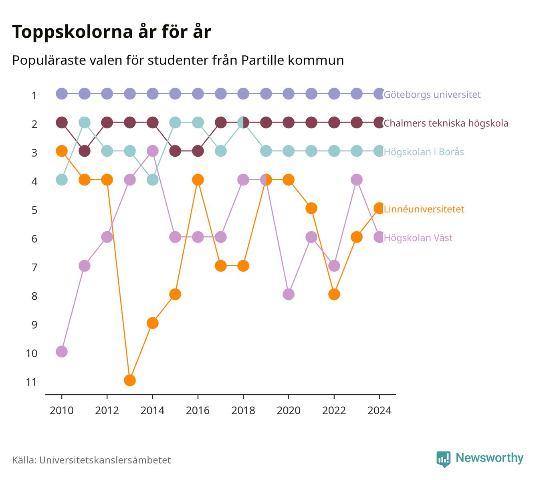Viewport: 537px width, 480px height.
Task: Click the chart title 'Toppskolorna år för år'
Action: pyautogui.click(x=111, y=32)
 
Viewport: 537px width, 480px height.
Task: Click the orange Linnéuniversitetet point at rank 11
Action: pyautogui.click(x=130, y=380)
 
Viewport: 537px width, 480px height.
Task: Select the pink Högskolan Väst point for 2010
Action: pyautogui.click(x=62, y=352)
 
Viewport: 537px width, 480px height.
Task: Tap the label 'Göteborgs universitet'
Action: pyautogui.click(x=432, y=95)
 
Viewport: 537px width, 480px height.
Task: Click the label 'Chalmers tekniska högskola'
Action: pyautogui.click(x=446, y=123)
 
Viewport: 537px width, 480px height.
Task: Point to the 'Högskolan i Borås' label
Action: pyautogui.click(x=424, y=152)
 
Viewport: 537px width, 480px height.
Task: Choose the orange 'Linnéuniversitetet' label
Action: pyautogui.click(x=424, y=209)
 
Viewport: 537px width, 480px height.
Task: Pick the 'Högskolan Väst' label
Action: pyautogui.click(x=418, y=238)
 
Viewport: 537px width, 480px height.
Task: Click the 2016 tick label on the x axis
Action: pyautogui.click(x=198, y=411)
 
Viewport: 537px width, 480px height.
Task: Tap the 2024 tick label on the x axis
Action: pyautogui.click(x=379, y=411)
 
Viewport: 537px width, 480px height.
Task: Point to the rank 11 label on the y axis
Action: pyautogui.click(x=31, y=382)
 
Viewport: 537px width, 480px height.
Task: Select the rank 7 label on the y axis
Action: pyautogui.click(x=34, y=268)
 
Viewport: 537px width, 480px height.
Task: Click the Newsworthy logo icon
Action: pyautogui.click(x=444, y=459)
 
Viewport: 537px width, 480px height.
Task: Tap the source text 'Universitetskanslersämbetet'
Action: pyautogui.click(x=105, y=460)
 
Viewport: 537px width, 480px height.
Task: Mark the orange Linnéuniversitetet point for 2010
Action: pyautogui.click(x=62, y=151)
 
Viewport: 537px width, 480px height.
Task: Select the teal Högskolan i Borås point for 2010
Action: pyautogui.click(x=62, y=180)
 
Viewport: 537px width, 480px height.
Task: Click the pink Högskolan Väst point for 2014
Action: pyautogui.click(x=152, y=151)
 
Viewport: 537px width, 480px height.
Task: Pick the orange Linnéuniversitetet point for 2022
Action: pyautogui.click(x=334, y=294)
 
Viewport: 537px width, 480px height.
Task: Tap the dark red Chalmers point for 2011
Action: pyautogui.click(x=85, y=151)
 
